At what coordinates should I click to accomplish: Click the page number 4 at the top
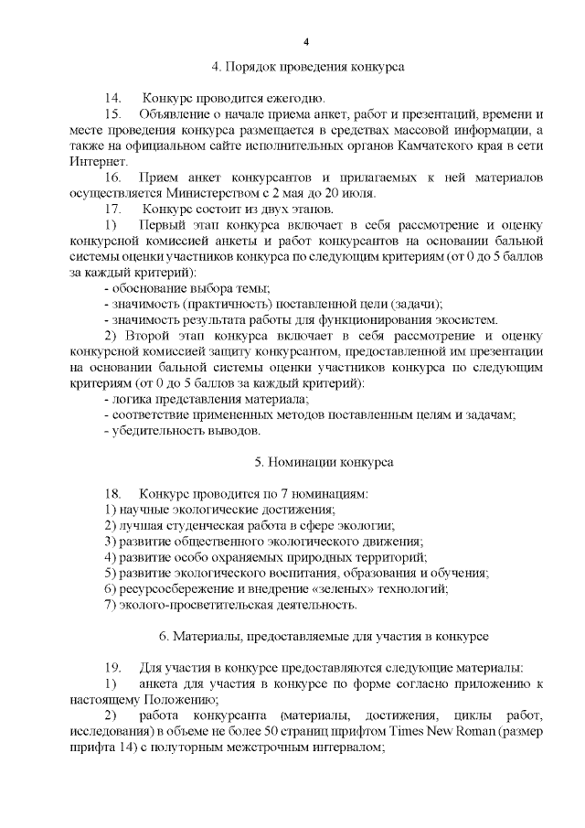307,42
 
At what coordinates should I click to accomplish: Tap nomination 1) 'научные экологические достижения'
219,509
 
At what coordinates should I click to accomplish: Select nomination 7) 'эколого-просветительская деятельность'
229,604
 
